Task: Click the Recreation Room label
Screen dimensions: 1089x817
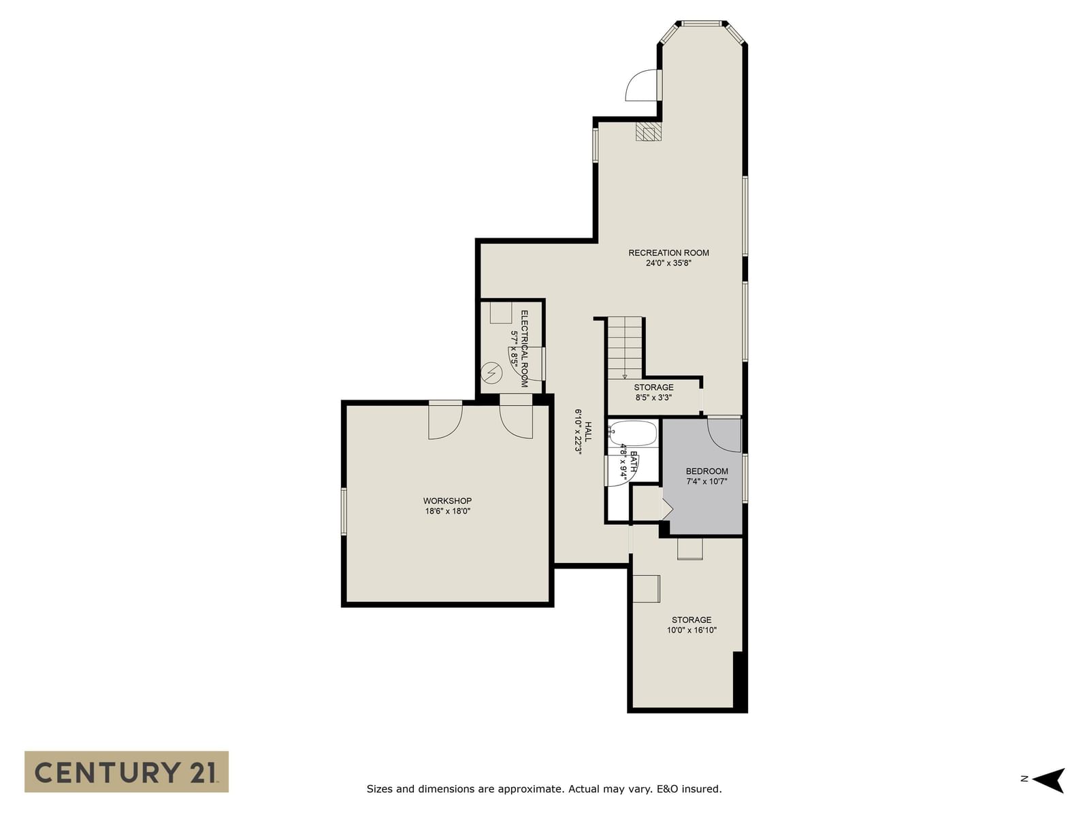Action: click(x=668, y=253)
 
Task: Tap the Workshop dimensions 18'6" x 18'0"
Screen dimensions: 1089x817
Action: click(x=447, y=511)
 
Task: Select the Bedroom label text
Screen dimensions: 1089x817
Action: click(x=706, y=470)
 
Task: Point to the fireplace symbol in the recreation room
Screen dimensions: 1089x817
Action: click(x=649, y=132)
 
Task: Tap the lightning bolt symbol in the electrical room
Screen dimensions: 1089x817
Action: click(x=491, y=372)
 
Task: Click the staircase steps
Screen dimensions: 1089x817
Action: click(x=625, y=348)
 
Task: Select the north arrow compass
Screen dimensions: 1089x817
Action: click(x=1047, y=780)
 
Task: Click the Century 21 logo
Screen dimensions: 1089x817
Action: click(x=127, y=771)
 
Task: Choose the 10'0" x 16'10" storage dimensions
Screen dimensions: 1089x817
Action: click(x=692, y=630)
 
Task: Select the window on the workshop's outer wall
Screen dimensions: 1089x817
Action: click(x=343, y=511)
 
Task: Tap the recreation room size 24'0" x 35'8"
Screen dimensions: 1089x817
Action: click(x=668, y=263)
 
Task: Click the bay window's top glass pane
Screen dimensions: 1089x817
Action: click(x=701, y=23)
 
